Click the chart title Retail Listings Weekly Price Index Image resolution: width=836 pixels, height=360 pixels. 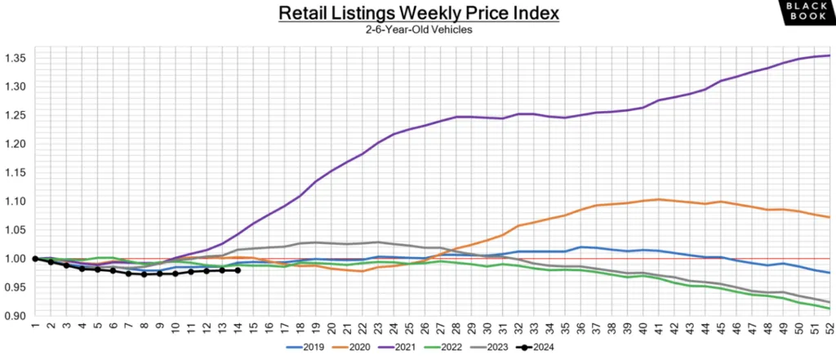(417, 14)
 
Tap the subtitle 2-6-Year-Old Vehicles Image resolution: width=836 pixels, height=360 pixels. (417, 30)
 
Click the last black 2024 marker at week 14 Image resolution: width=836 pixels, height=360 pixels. (237, 270)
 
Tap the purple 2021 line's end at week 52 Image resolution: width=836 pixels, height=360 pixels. (829, 56)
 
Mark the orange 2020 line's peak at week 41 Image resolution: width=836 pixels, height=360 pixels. (658, 199)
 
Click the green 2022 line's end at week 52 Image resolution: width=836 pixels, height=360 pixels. (829, 309)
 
